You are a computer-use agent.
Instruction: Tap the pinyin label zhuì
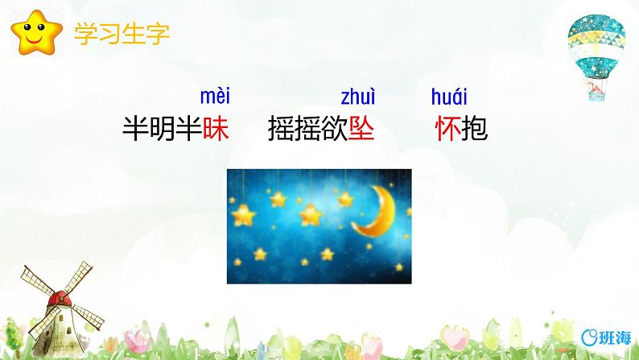coord(358,98)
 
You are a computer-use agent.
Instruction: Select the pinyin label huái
coord(448,98)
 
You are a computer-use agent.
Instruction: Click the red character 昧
coord(216,129)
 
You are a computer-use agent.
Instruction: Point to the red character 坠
coord(362,129)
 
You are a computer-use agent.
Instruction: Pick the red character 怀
coord(447,129)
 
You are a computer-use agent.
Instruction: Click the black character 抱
coord(475,129)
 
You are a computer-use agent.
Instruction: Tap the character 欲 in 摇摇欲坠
coord(335,129)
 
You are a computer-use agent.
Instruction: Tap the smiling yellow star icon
coord(35,33)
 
